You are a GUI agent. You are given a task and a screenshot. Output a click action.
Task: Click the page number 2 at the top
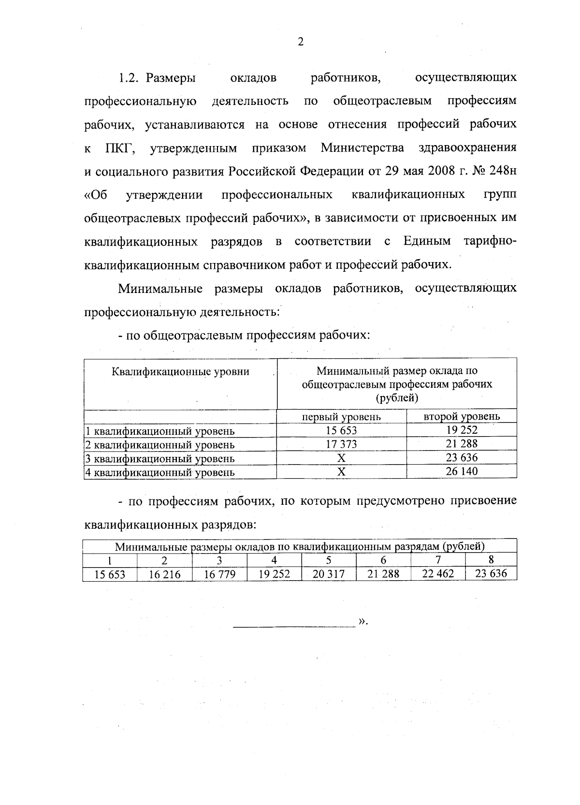tap(300, 43)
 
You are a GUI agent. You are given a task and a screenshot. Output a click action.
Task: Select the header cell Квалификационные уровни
tap(180, 372)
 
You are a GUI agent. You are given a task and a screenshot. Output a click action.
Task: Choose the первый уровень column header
tap(341, 416)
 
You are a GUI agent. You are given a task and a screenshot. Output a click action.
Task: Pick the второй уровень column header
tap(462, 416)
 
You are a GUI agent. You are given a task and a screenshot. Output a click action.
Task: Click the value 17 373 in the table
tap(341, 444)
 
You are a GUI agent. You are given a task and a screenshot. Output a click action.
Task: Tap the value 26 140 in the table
tap(462, 471)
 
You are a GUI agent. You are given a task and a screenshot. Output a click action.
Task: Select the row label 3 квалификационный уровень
tap(160, 458)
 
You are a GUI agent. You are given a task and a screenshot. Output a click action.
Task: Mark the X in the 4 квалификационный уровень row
tap(341, 472)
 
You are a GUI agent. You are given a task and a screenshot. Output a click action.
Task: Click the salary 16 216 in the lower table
tap(165, 574)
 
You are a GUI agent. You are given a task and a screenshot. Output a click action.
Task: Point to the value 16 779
tap(219, 574)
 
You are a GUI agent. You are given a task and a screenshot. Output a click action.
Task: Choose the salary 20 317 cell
tap(329, 574)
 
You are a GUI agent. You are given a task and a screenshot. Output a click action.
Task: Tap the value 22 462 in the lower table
tap(438, 574)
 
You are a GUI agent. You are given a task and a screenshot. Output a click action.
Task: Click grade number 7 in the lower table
tap(438, 560)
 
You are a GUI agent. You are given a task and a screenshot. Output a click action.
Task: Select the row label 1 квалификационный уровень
tap(160, 431)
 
